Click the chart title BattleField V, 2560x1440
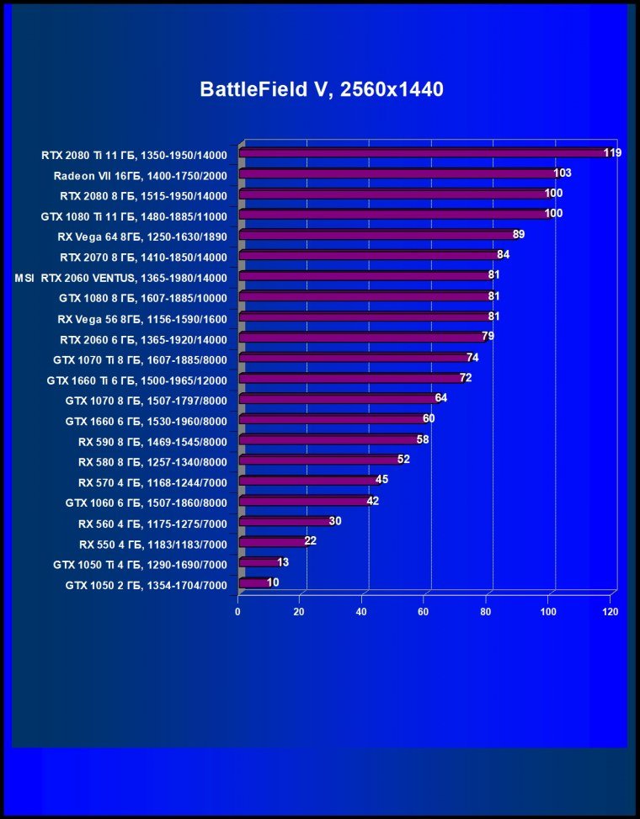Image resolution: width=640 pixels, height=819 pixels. (x=321, y=89)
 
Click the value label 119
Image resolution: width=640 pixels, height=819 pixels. (x=612, y=152)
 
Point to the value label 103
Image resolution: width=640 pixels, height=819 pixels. (x=563, y=173)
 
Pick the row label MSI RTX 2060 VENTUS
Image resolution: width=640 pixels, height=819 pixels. (x=121, y=277)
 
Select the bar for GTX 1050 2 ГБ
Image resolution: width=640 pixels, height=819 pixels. (x=255, y=582)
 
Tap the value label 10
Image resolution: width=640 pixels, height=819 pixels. (x=273, y=582)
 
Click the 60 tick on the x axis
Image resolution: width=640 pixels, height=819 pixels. (x=424, y=612)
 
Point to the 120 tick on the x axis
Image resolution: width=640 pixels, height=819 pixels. (x=610, y=612)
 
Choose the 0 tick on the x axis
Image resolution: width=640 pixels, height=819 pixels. (x=238, y=612)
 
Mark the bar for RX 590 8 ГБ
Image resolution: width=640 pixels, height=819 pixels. (x=329, y=439)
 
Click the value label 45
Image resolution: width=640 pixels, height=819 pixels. (x=381, y=480)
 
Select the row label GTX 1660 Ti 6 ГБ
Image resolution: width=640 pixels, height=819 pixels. (x=137, y=380)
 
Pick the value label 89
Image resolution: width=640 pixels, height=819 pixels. (x=519, y=234)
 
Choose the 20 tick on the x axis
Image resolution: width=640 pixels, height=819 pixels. (x=299, y=612)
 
